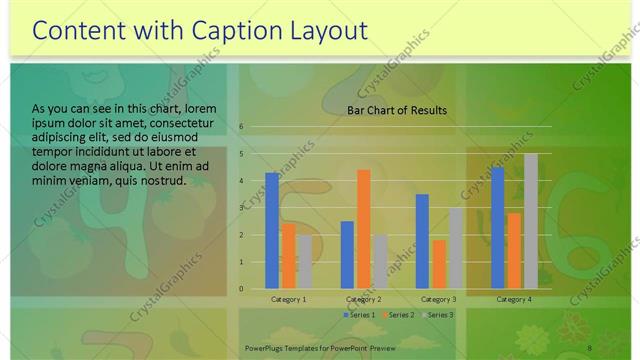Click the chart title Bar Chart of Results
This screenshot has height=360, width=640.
coord(397,111)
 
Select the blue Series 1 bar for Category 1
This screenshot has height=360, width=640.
coord(272,230)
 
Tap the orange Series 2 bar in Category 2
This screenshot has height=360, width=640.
coord(363,229)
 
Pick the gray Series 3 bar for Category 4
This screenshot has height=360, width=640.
coord(531,221)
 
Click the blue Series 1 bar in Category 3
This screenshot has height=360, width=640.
coord(422,241)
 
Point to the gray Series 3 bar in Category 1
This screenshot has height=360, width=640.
coord(304,262)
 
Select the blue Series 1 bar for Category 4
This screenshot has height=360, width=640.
coord(498,228)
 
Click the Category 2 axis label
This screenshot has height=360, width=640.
coord(363,299)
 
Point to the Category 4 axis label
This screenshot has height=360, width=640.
coord(514,299)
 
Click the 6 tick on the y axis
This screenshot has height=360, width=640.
coord(242,127)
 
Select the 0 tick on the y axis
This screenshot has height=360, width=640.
coord(242,289)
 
